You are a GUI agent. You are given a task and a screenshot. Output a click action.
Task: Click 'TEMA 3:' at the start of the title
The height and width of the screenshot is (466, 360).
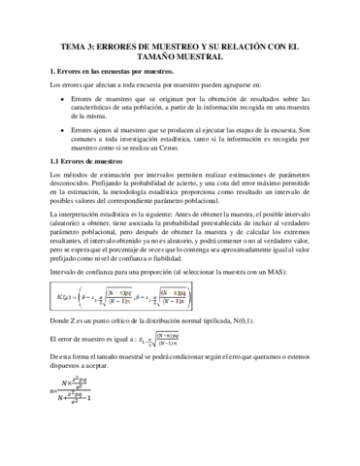click(x=80, y=45)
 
